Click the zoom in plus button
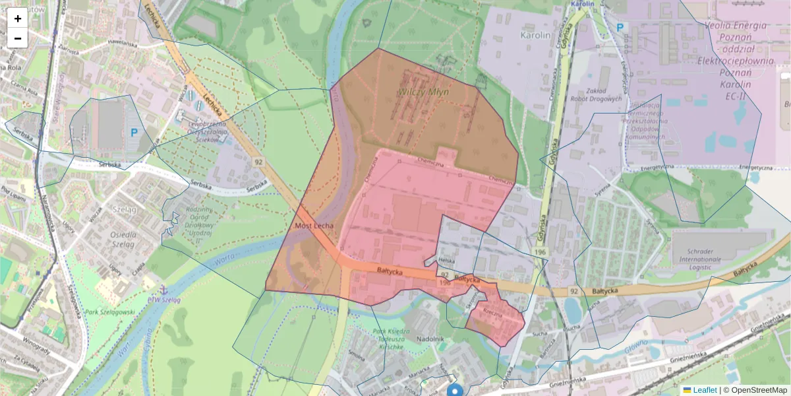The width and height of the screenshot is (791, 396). [x=18, y=18]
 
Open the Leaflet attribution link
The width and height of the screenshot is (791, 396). [x=705, y=390]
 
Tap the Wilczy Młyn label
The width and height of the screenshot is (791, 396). [x=423, y=92]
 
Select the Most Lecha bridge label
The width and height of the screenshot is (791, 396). [x=314, y=226]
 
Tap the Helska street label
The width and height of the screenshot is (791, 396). [x=446, y=261]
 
